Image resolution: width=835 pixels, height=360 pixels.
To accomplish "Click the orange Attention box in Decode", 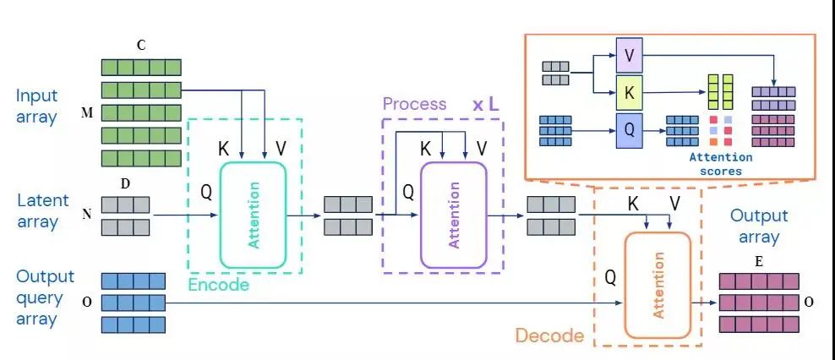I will [x=658, y=285].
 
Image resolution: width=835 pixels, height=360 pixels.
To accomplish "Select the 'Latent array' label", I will [x=37, y=211].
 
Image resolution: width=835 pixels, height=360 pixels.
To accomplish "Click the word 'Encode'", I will [x=218, y=285].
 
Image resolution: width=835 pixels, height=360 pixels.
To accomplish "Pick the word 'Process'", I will [x=414, y=104].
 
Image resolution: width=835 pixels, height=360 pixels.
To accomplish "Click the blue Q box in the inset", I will [x=629, y=130].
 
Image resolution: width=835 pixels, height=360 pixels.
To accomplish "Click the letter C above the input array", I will [x=141, y=46].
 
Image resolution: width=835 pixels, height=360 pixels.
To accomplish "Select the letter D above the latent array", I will [x=125, y=185].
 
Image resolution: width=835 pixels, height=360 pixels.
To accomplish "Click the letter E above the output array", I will [x=758, y=262].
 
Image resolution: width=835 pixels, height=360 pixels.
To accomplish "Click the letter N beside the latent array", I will [x=86, y=215].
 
